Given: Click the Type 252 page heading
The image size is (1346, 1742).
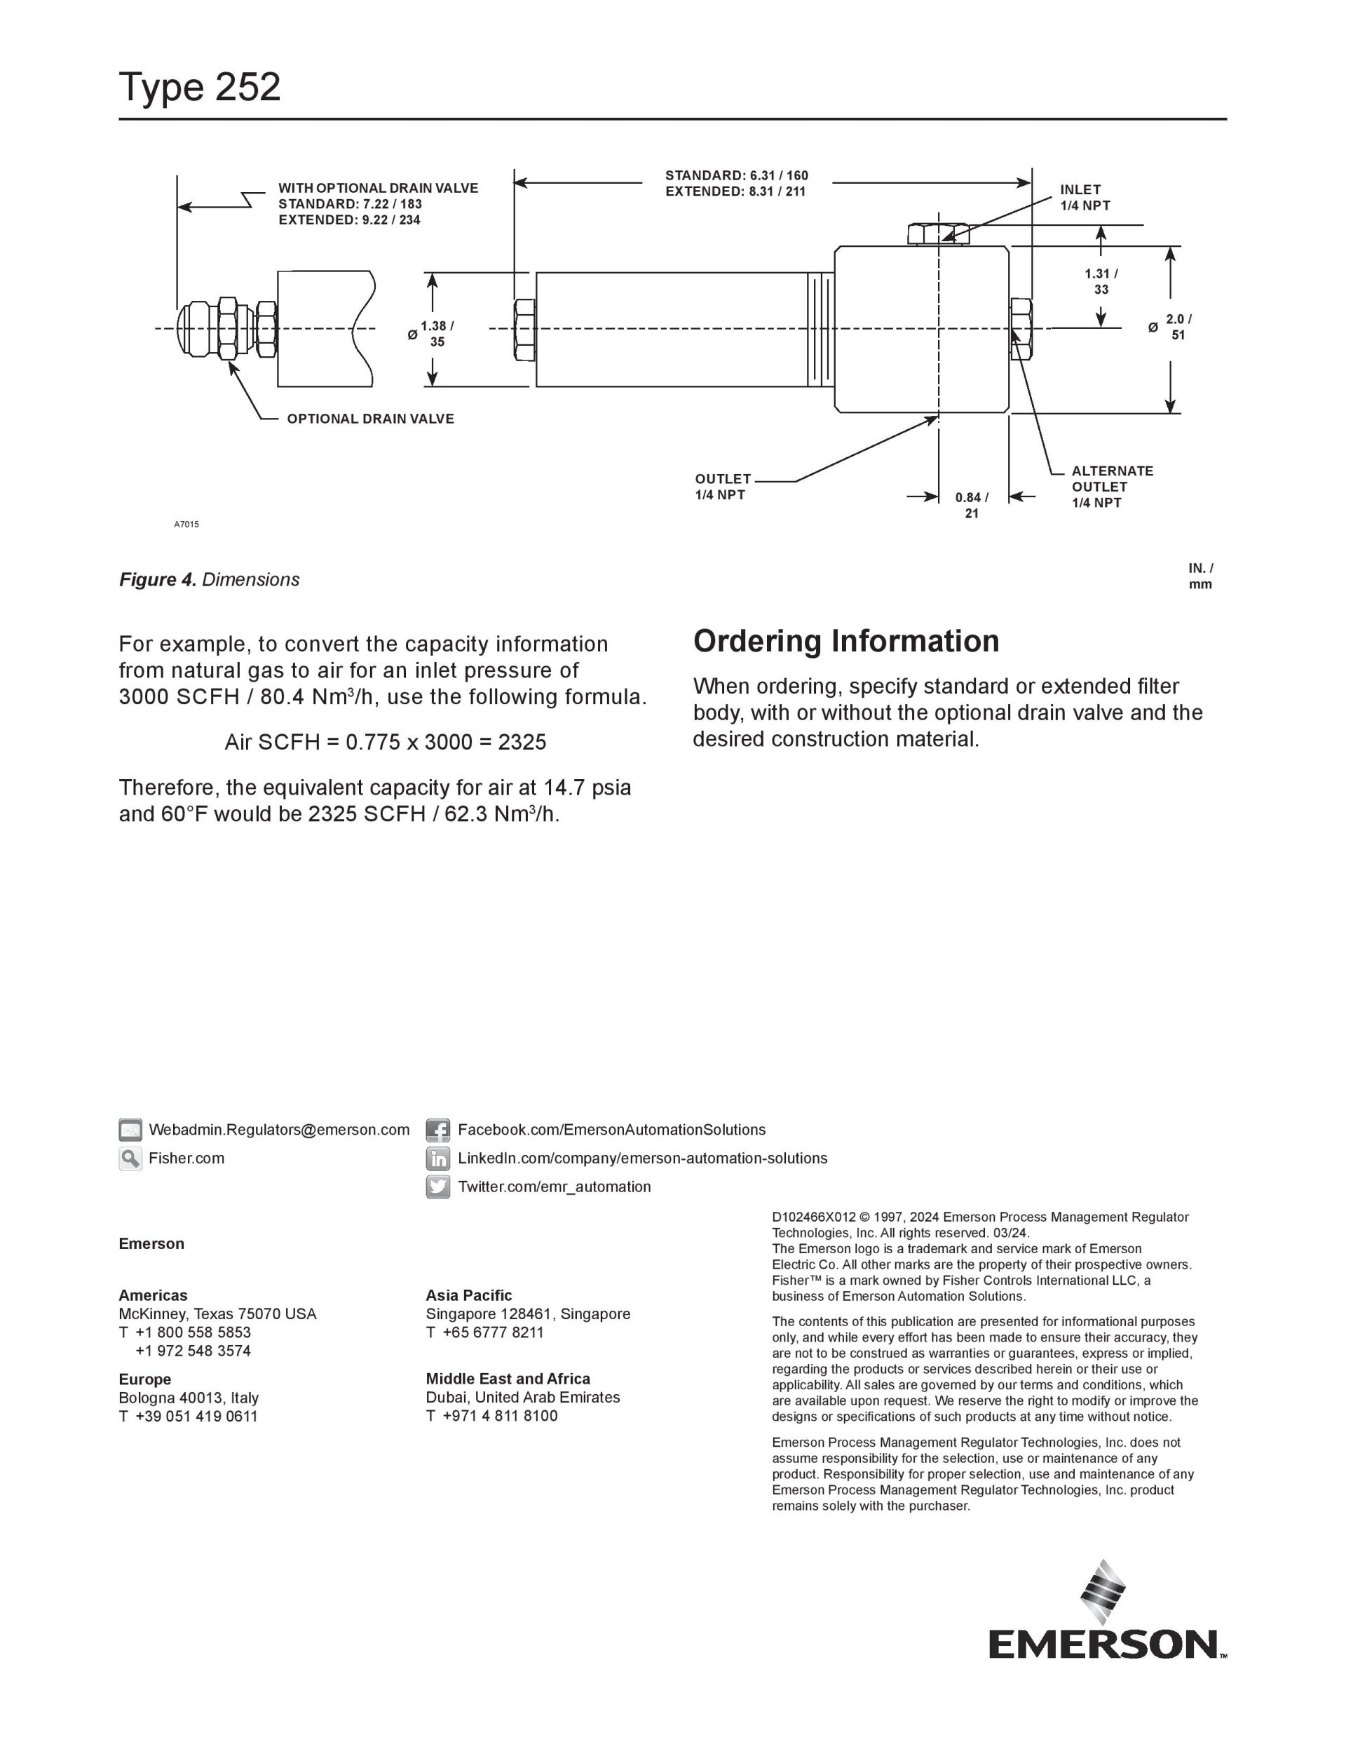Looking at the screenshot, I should tap(199, 87).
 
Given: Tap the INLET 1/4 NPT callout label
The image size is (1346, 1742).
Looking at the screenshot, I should tap(1085, 198).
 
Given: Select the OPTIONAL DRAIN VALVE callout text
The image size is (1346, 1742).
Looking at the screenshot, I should tap(370, 419).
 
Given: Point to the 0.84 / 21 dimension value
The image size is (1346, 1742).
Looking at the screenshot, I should tap(971, 505).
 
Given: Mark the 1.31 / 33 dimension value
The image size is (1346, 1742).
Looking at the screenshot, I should tap(1101, 281).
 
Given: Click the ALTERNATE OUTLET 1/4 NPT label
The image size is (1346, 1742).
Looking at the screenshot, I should tap(1112, 487).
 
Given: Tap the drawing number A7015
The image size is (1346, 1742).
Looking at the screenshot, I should tap(186, 524).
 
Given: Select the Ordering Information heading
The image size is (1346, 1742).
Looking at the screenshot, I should tap(845, 641).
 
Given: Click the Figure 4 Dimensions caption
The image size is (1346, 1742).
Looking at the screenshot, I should tap(209, 580).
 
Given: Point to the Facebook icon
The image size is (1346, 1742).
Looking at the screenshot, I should tap(437, 1130).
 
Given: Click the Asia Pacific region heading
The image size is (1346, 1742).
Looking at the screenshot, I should tap(468, 1295).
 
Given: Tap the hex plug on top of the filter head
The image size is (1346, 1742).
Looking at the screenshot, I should tap(938, 234).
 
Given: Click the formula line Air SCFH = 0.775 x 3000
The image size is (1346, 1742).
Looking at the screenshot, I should tap(385, 743).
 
